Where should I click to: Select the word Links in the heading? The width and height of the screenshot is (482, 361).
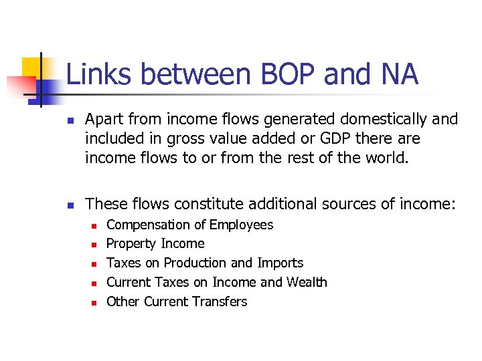click(x=96, y=74)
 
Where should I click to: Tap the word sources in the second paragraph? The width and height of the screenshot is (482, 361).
click(x=351, y=203)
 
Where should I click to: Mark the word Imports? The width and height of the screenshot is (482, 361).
click(x=280, y=263)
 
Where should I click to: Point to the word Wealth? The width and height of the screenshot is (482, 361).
click(x=307, y=282)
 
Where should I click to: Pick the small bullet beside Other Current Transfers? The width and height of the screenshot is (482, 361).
click(x=94, y=303)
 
